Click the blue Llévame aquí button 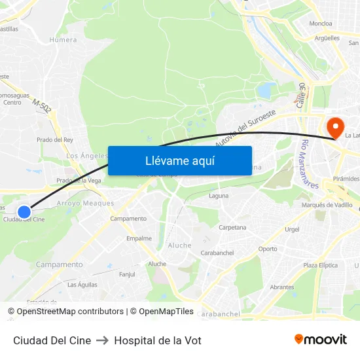tap(179, 161)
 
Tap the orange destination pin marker tap(334, 126)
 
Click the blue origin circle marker tap(24, 211)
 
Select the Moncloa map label tap(321, 24)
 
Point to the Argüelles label tap(327, 38)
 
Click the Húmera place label tap(63, 40)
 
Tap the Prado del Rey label tap(55, 139)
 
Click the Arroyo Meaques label tap(86, 204)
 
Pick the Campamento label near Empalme tap(128, 219)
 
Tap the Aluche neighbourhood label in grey tap(180, 245)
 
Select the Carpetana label tap(232, 228)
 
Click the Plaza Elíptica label tap(320, 265)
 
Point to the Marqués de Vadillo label tap(327, 205)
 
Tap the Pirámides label tap(346, 179)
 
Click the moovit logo tap(320, 339)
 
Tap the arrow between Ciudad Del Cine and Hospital tap(102, 340)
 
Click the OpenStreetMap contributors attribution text tap(70, 312)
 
